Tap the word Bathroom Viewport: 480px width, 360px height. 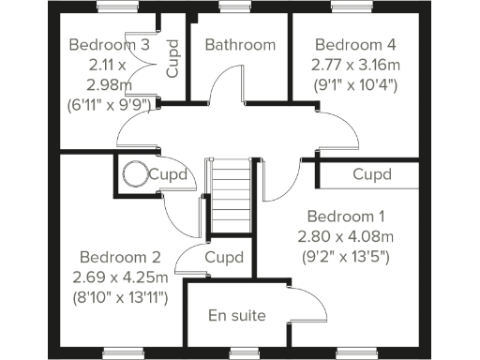(240, 44)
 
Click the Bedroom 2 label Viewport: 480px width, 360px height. (120, 257)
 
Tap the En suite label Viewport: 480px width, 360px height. (236, 314)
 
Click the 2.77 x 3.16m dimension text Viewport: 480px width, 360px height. (356, 65)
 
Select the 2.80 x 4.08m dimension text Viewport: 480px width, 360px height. (345, 235)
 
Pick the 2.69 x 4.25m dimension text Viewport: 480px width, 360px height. (120, 277)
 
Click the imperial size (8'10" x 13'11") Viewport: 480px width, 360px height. (120, 298)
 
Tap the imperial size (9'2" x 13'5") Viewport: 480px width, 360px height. (345, 256)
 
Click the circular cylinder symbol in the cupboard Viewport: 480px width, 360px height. (133, 172)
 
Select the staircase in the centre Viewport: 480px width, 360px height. (230, 191)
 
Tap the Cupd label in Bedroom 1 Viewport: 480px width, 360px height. (372, 174)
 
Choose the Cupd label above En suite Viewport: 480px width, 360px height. (224, 257)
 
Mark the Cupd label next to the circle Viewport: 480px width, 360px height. (172, 174)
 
